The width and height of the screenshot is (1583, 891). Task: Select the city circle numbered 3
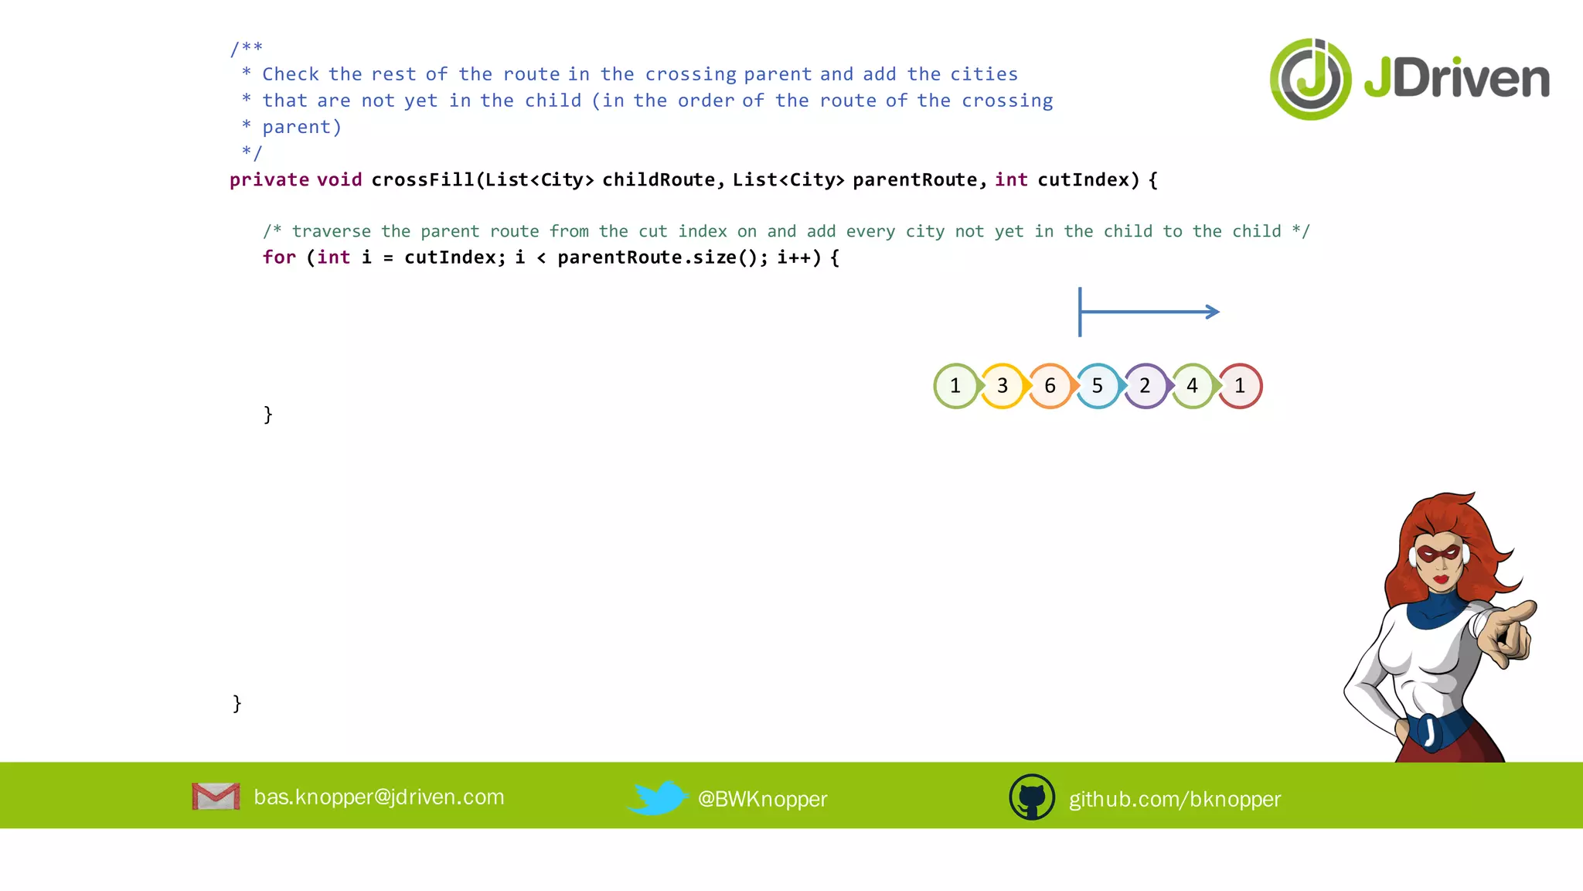pyautogui.click(x=1003, y=386)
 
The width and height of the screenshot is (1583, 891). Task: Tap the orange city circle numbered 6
pyautogui.click(x=1050, y=386)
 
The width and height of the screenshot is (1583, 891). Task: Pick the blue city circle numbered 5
pyautogui.click(x=1097, y=386)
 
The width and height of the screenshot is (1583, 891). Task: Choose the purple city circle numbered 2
pyautogui.click(x=1145, y=386)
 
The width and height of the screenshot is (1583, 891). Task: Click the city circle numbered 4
pyautogui.click(x=1192, y=386)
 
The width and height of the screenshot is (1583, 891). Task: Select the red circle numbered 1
pyautogui.click(x=1240, y=386)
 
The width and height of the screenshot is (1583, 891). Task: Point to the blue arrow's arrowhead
pyautogui.click(x=1213, y=312)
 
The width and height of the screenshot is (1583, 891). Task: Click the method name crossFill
pyautogui.click(x=422, y=180)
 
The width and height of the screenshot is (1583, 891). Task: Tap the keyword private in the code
pyautogui.click(x=269, y=180)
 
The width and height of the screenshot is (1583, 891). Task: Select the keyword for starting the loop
pyautogui.click(x=279, y=258)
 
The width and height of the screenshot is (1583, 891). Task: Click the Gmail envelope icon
pyautogui.click(x=216, y=797)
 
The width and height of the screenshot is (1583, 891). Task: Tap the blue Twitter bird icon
pyautogui.click(x=657, y=797)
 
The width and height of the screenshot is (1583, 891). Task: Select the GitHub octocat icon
pyautogui.click(x=1032, y=797)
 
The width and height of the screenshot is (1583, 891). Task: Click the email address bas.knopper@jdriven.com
pyautogui.click(x=379, y=797)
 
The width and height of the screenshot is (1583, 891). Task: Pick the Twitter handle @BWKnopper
pyautogui.click(x=762, y=799)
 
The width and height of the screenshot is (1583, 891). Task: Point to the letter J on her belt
pyautogui.click(x=1430, y=731)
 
